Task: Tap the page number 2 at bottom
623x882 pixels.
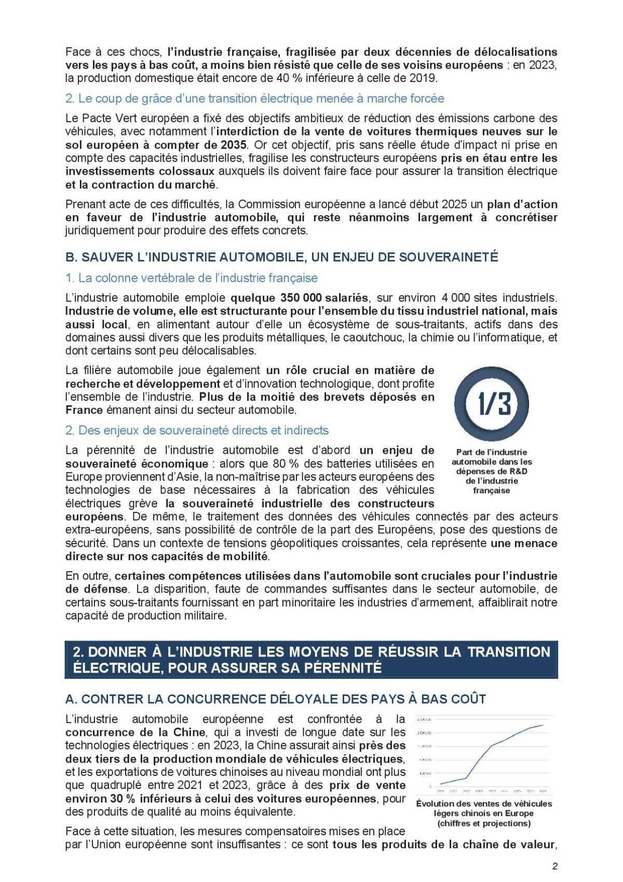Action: [x=554, y=866]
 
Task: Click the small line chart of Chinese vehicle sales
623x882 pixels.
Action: [x=483, y=754]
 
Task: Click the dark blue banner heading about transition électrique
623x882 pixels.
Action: [x=311, y=659]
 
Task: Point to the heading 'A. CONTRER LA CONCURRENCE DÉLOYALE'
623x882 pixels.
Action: [x=276, y=699]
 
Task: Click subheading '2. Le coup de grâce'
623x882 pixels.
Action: [x=255, y=98]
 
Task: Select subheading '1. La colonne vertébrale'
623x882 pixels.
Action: [x=192, y=278]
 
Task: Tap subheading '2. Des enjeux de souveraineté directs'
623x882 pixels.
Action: [x=197, y=430]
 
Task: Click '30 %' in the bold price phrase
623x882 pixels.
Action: [x=121, y=798]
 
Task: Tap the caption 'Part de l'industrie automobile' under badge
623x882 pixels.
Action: [x=492, y=471]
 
